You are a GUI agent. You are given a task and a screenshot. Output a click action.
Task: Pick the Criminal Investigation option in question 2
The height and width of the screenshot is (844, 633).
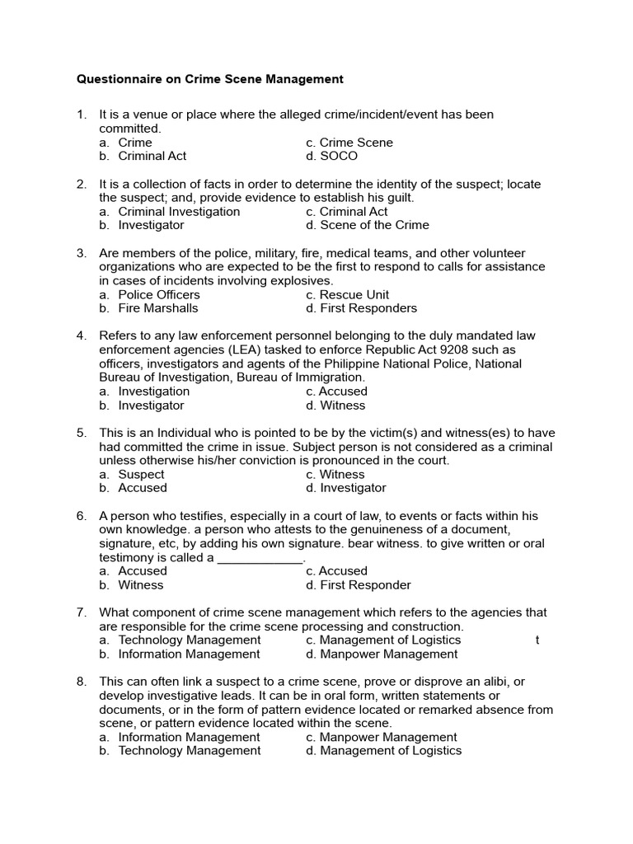pyautogui.click(x=178, y=211)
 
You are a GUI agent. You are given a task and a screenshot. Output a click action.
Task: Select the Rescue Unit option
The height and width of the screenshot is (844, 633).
pyautogui.click(x=354, y=294)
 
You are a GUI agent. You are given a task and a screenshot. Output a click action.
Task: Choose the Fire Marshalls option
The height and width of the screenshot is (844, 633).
pyautogui.click(x=157, y=308)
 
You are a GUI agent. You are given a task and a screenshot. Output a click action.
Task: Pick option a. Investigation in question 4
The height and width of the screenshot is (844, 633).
pyautogui.click(x=153, y=392)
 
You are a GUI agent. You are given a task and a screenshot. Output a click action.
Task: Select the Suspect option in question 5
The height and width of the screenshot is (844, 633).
pyautogui.click(x=140, y=474)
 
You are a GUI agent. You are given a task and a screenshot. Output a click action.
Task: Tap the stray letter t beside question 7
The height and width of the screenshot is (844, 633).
pyautogui.click(x=537, y=640)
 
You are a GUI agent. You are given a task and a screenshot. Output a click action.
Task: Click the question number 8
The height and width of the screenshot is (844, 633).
pyautogui.click(x=81, y=682)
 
